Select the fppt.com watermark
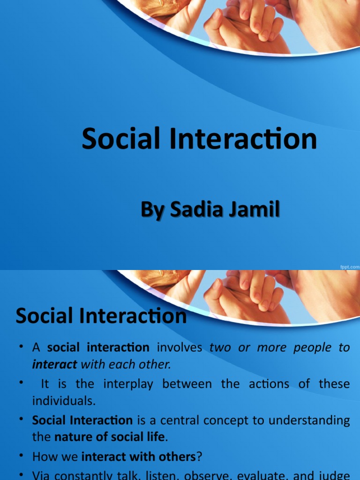[x=349, y=266]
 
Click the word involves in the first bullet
[x=180, y=348]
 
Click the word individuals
[x=64, y=401]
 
